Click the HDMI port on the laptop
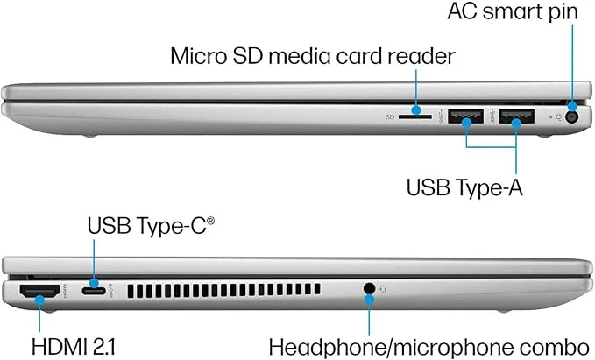(x=39, y=292)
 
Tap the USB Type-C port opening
(x=94, y=291)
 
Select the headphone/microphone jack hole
(x=369, y=289)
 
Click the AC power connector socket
(x=571, y=117)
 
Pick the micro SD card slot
(x=415, y=117)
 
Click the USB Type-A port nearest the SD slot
(x=465, y=116)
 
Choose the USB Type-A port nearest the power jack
(x=516, y=116)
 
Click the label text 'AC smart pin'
(x=513, y=11)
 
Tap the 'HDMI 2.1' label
(x=74, y=347)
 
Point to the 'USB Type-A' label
(x=464, y=187)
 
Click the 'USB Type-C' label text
(x=147, y=226)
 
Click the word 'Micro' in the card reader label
(x=198, y=56)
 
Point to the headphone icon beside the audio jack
(x=383, y=289)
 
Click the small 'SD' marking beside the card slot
(x=390, y=117)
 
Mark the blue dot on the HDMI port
(x=39, y=300)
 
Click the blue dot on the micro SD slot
(x=416, y=110)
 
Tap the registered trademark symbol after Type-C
(x=210, y=221)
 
